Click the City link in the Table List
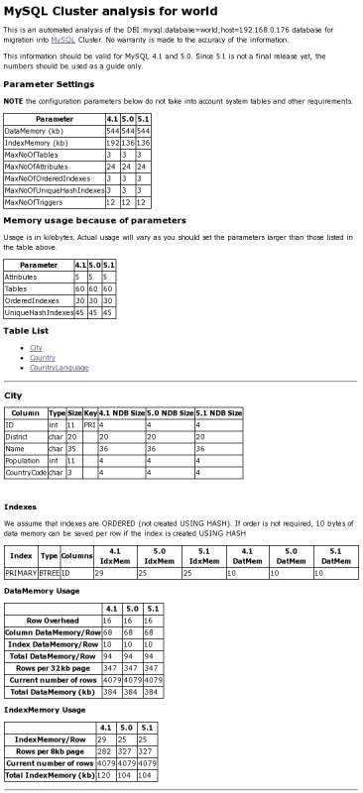click(36, 348)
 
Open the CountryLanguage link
click(59, 367)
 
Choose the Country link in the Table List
click(42, 358)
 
